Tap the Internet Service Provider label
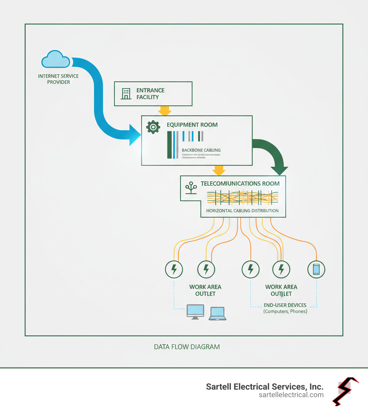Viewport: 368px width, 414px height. point(58,79)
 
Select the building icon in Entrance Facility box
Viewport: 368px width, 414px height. point(126,94)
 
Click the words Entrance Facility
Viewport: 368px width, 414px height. point(150,94)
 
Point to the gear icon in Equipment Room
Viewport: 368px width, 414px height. point(153,127)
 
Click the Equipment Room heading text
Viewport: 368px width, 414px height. point(192,125)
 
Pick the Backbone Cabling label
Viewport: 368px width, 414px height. point(201,150)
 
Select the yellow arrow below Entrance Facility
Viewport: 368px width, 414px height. point(165,111)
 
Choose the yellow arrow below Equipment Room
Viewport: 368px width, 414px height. point(219,170)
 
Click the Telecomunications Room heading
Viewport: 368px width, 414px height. point(240,184)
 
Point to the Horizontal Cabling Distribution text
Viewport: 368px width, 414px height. point(242,211)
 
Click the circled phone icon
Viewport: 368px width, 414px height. point(316,269)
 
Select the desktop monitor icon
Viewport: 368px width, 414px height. point(195,312)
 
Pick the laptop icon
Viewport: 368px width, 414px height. point(217,314)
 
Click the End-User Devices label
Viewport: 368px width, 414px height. point(285,305)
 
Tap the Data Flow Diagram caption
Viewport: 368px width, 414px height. point(187,347)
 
